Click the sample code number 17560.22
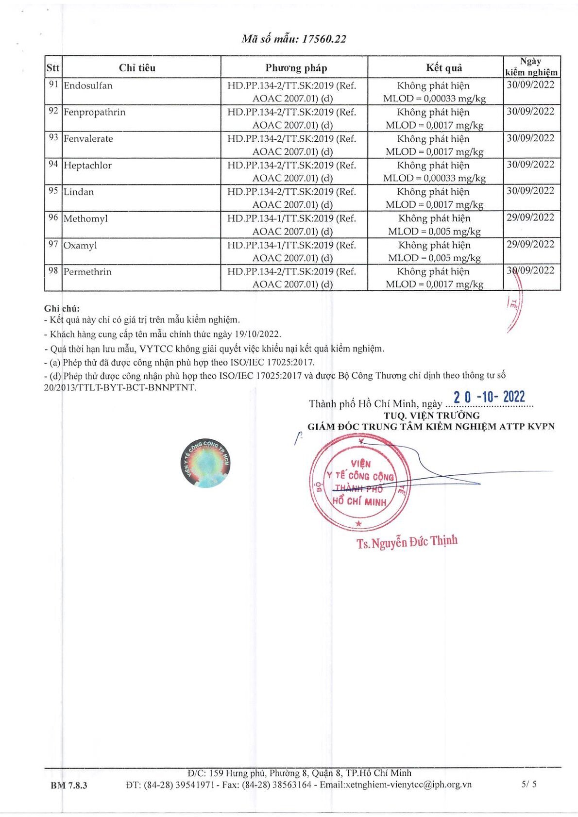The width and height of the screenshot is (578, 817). pos(324,39)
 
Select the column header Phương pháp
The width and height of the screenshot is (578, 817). pos(296,67)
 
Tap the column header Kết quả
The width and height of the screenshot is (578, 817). pos(444,67)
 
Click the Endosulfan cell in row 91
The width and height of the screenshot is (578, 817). pos(88,86)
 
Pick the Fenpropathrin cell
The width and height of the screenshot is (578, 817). pos(94,112)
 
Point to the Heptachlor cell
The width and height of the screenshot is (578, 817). pos(87,166)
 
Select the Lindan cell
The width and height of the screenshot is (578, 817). pos(79,192)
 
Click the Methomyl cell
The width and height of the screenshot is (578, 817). pos(85,219)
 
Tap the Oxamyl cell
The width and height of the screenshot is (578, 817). pos(80,246)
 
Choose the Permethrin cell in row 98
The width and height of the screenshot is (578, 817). pos(87,272)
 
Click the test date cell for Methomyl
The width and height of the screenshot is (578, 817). pos(530,217)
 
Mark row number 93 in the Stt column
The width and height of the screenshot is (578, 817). pos(53,138)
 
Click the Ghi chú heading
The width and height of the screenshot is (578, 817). pos(62,308)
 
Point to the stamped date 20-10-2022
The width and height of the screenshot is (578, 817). pos(489,397)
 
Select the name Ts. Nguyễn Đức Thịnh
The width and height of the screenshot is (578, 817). pos(407,542)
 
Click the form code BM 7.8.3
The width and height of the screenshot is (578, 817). pos(69,785)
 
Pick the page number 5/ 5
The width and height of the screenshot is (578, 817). pos(529,784)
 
